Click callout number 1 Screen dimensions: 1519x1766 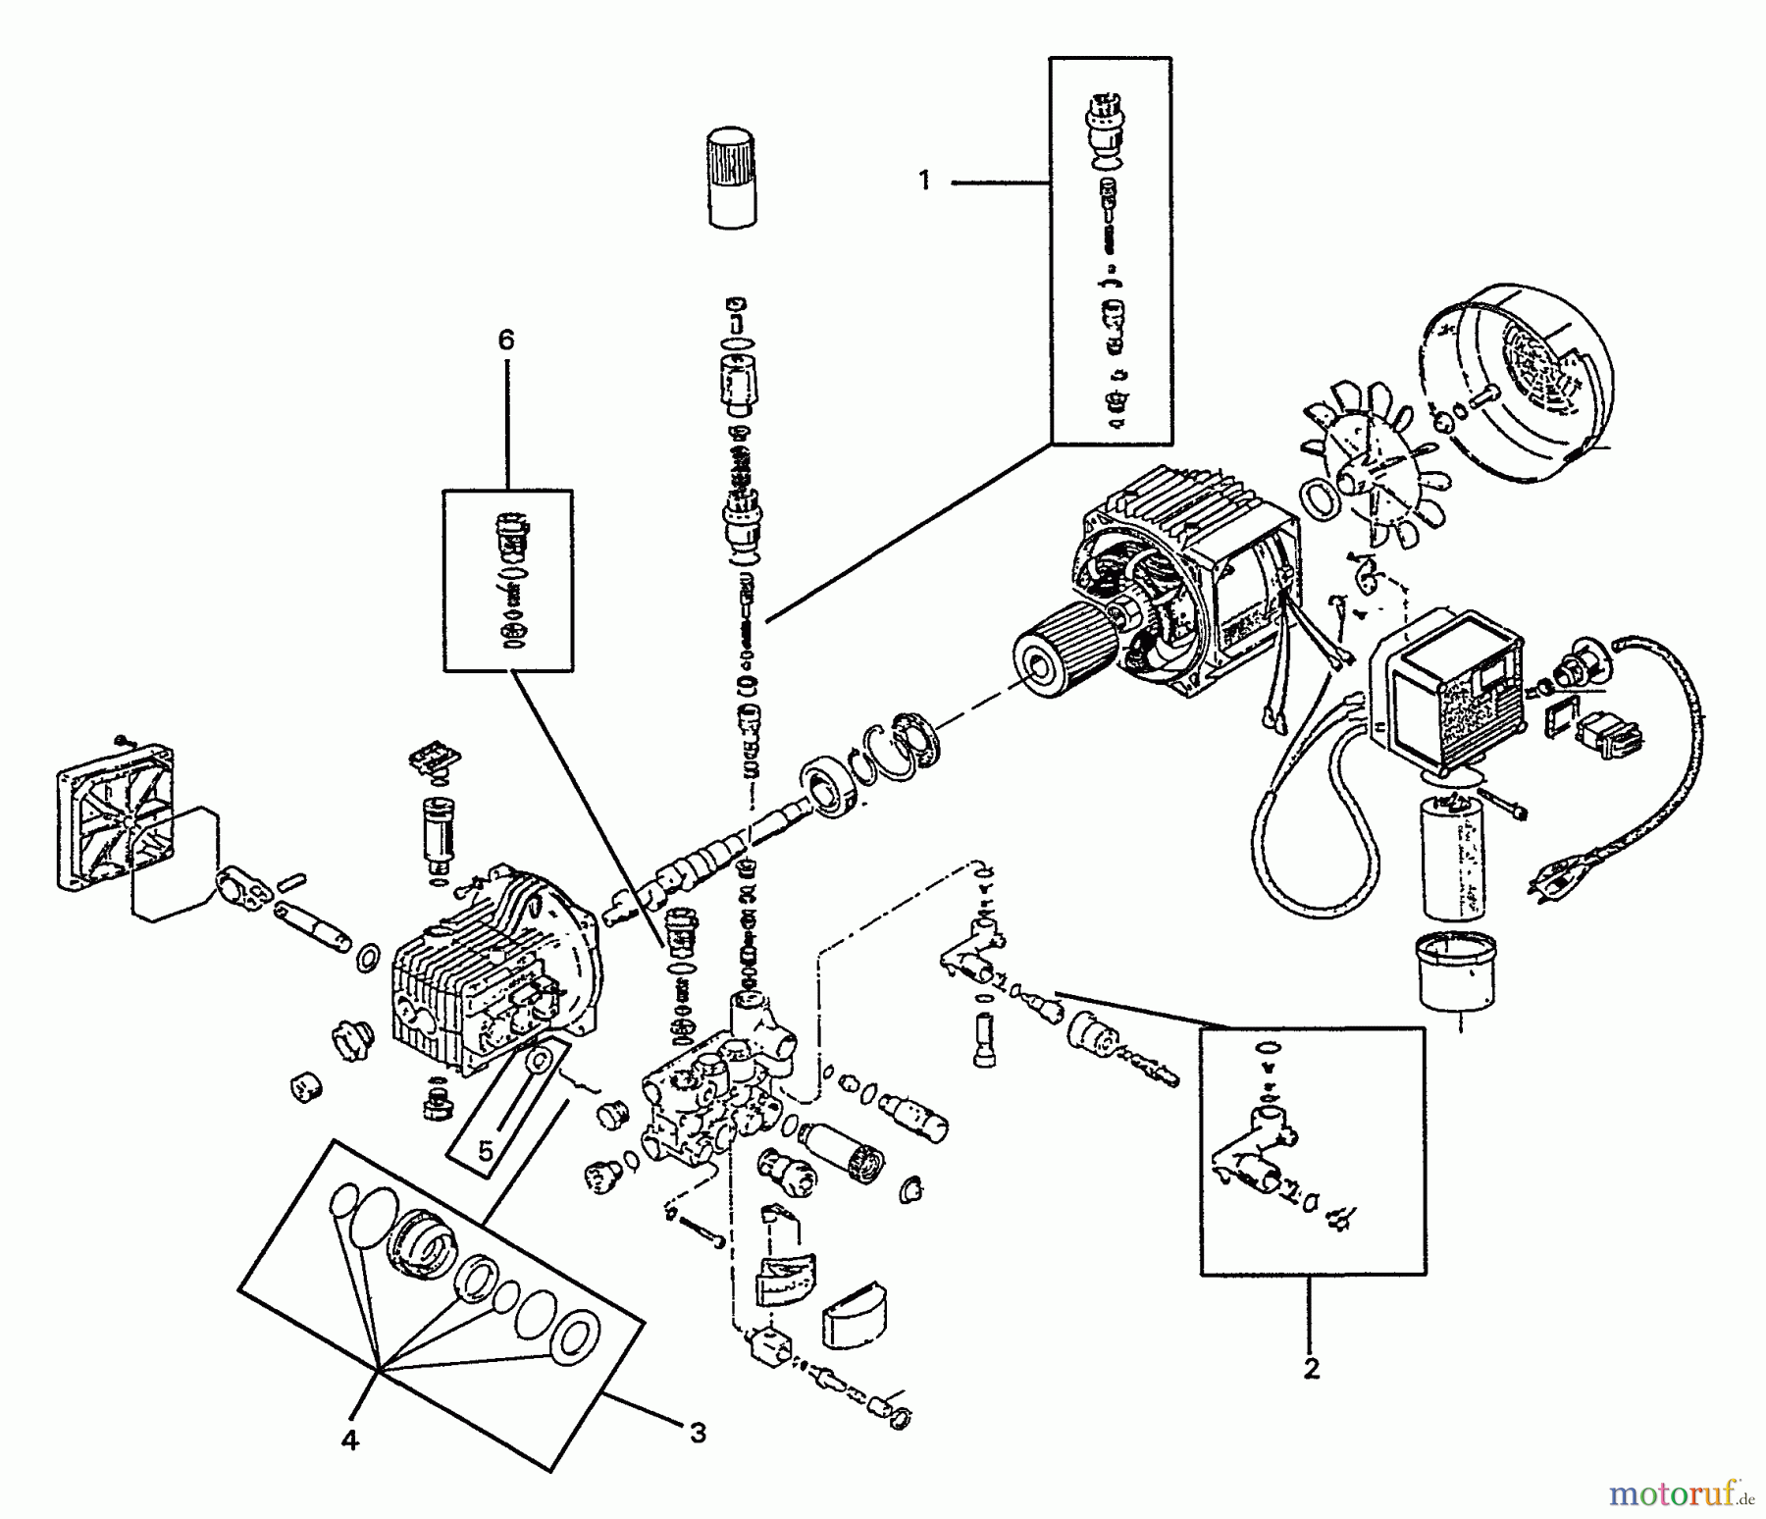point(923,182)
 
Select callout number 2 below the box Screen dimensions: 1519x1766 point(1312,1368)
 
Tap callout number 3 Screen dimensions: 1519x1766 point(697,1434)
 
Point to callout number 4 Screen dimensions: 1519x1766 point(350,1440)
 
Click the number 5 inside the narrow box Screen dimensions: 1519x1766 point(487,1150)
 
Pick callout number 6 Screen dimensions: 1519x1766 point(505,340)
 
